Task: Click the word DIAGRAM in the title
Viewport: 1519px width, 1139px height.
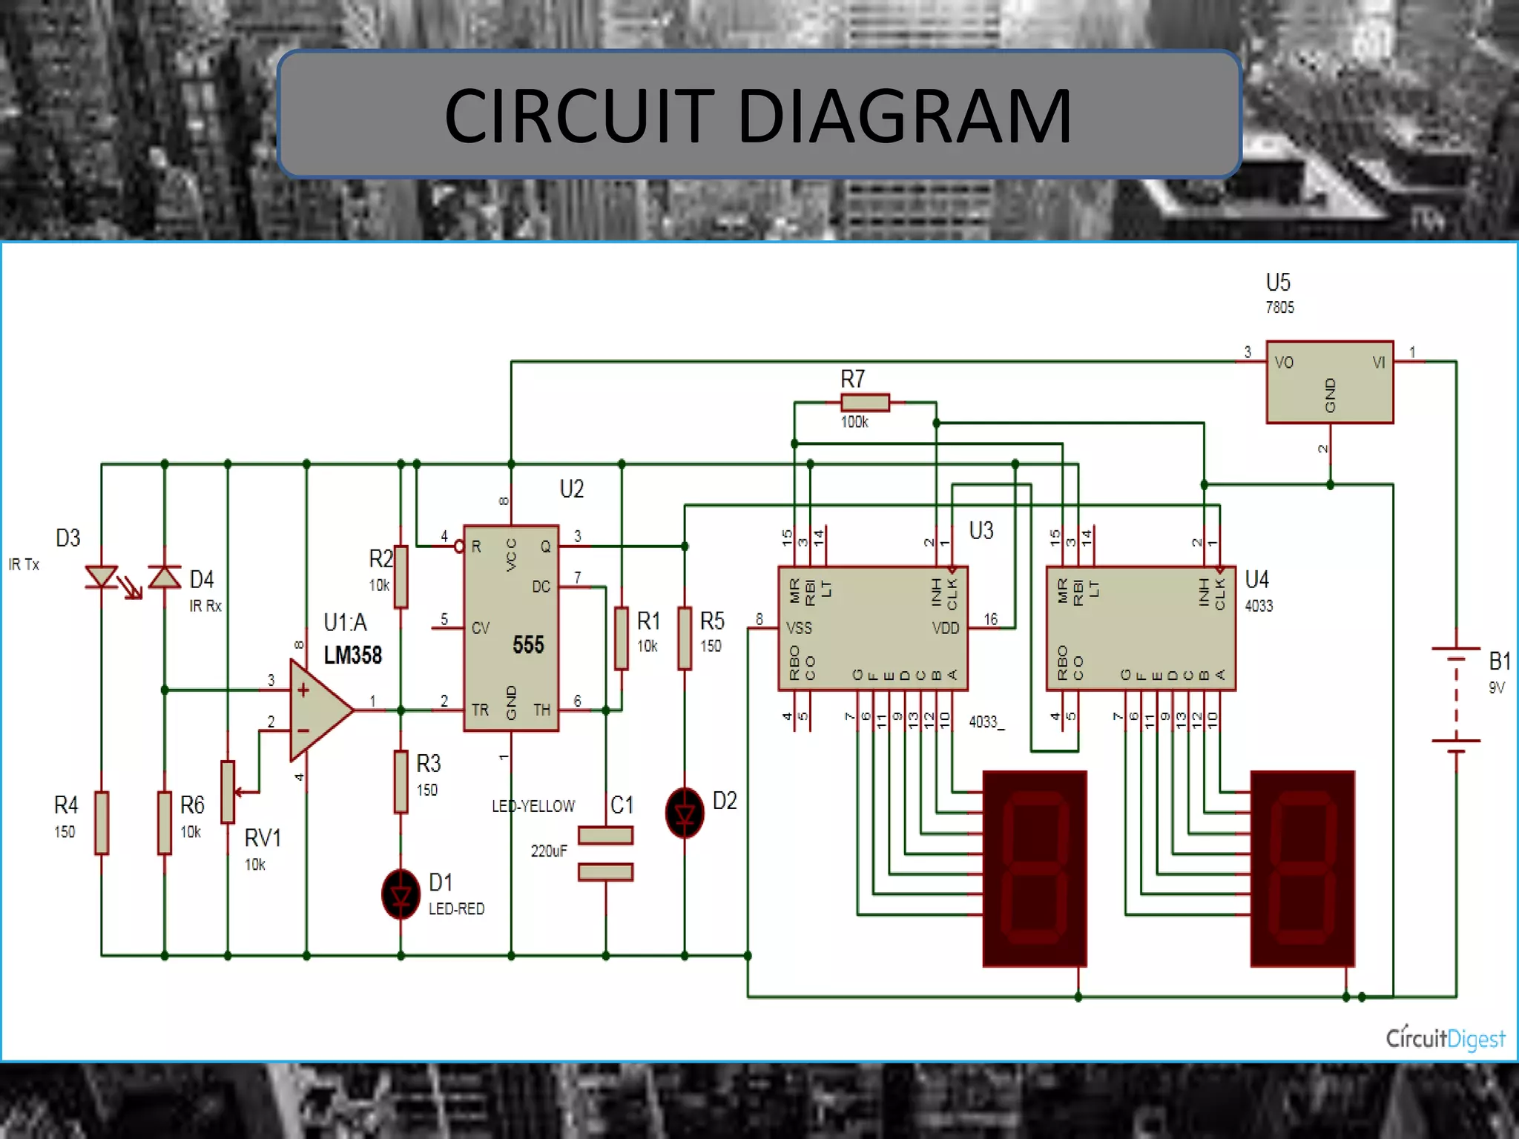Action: click(x=905, y=116)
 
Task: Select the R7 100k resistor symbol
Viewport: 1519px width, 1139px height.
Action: click(x=865, y=403)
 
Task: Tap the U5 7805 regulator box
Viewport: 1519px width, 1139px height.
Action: click(x=1329, y=382)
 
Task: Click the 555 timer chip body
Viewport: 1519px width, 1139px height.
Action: click(x=511, y=628)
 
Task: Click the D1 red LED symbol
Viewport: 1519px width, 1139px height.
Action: click(x=401, y=895)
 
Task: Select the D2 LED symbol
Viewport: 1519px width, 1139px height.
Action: click(x=685, y=813)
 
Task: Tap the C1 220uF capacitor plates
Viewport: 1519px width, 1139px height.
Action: click(x=605, y=854)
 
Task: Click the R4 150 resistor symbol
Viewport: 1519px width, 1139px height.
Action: click(x=102, y=822)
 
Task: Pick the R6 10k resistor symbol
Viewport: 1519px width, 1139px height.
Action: click(x=165, y=822)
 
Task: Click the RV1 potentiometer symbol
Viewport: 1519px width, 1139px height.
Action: click(x=228, y=792)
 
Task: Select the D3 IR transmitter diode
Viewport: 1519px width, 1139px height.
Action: click(x=102, y=577)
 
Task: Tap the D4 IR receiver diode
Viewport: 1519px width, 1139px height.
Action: click(x=165, y=577)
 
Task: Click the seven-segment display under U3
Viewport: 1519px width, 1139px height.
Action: click(x=1035, y=868)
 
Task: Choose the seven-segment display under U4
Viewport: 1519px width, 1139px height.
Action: click(x=1302, y=868)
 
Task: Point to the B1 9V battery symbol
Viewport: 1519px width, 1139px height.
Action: click(x=1456, y=695)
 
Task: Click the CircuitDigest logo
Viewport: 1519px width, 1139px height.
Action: click(x=1445, y=1037)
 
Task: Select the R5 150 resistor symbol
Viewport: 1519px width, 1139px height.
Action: click(x=685, y=638)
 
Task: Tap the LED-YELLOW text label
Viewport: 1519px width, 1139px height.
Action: click(x=533, y=806)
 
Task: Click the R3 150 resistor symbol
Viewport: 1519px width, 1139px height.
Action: click(x=401, y=782)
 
